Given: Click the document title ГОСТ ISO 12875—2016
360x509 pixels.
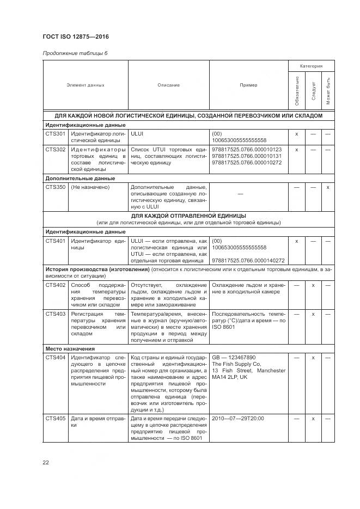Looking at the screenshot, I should (x=76, y=37).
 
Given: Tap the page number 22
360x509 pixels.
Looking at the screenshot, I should (x=46, y=463).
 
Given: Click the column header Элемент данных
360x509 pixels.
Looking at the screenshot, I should (x=85, y=85).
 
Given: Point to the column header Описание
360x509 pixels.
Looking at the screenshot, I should (x=168, y=85).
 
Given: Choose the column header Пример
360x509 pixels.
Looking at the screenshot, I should (x=248, y=85).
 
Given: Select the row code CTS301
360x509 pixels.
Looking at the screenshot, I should (x=55, y=133).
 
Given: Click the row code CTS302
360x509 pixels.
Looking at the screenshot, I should (x=55, y=149).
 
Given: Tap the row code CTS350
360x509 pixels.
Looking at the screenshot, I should (x=55, y=187).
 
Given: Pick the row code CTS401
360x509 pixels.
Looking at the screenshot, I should (x=55, y=241).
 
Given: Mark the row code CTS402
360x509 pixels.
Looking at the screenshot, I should (x=55, y=285).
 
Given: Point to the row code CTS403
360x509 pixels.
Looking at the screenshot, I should (x=55, y=314).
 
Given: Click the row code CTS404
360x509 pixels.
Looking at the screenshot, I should (x=55, y=357).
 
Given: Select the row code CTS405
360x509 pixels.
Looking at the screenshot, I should (x=55, y=419).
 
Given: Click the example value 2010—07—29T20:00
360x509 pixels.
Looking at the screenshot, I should (x=238, y=419).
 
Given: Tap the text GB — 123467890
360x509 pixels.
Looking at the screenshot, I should (x=234, y=357).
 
